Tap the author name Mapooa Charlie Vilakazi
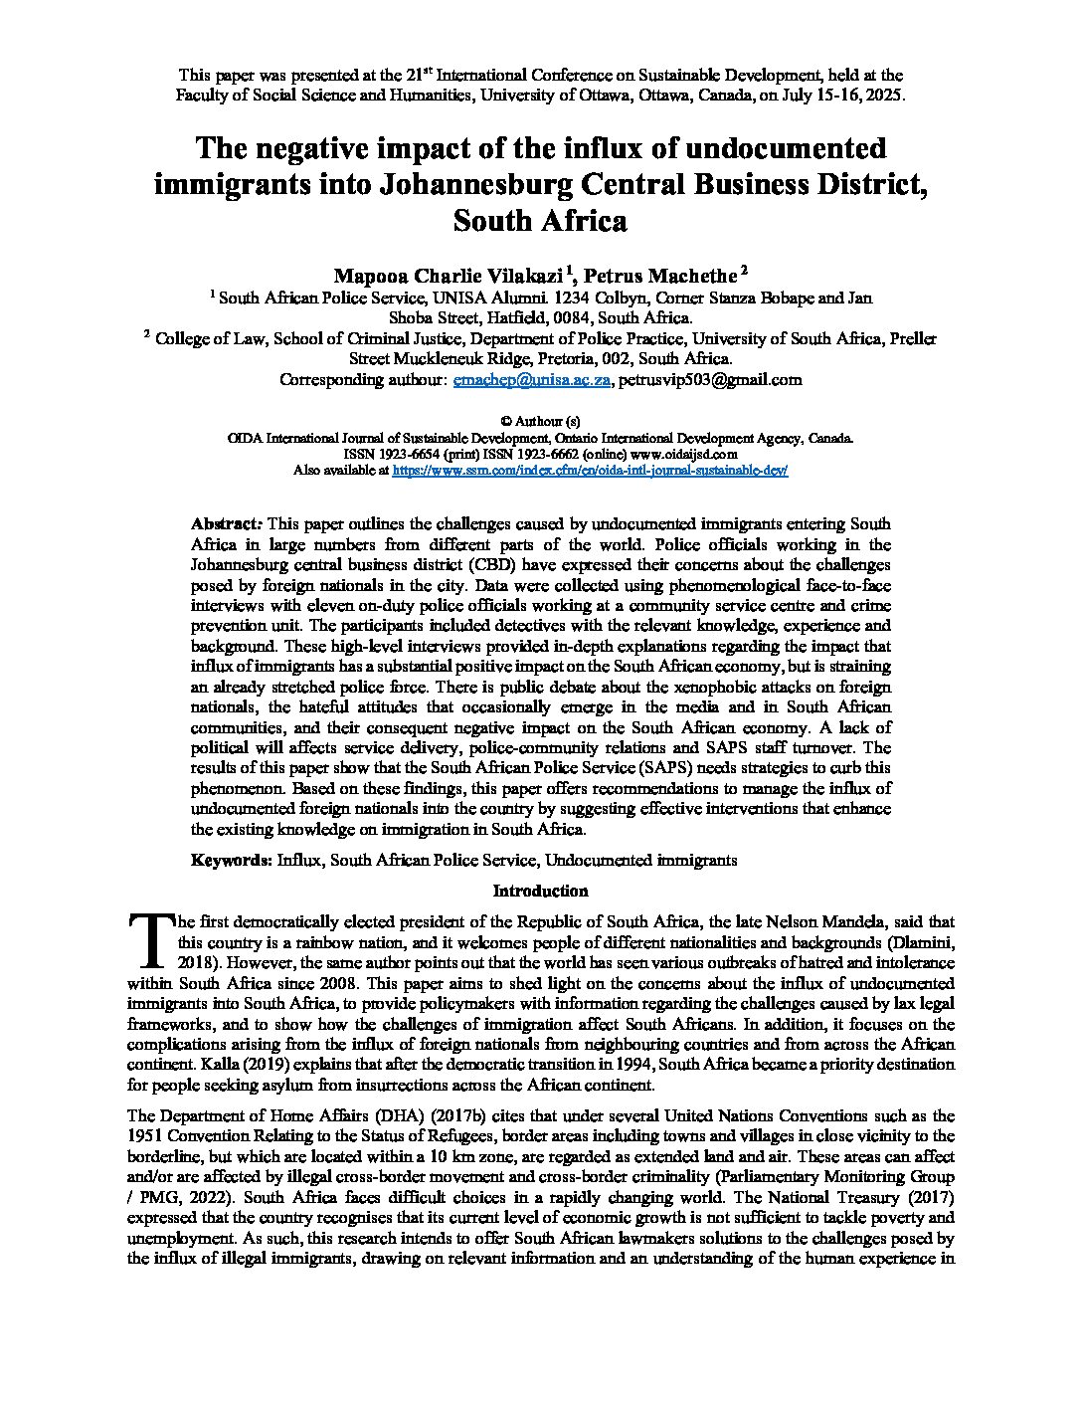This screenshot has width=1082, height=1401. (x=448, y=274)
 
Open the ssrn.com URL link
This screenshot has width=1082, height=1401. (x=590, y=470)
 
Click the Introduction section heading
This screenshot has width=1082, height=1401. (x=540, y=891)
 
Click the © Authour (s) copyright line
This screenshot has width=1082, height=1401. (x=540, y=422)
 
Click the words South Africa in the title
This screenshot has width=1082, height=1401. (x=540, y=220)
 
